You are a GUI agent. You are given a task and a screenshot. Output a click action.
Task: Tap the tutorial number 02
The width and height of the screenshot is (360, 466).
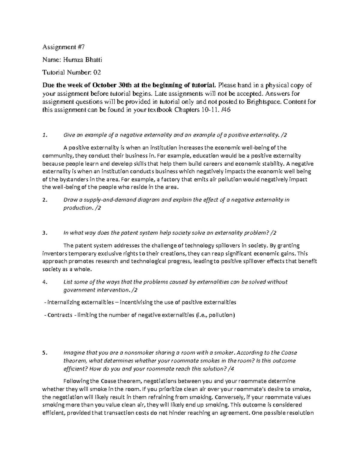click(x=97, y=72)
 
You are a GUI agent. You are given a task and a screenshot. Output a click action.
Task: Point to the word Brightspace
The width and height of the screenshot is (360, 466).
click(x=264, y=101)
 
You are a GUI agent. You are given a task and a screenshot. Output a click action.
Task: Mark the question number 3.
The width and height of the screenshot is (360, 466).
click(x=44, y=233)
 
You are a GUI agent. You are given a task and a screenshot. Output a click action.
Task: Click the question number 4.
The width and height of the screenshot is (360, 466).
click(x=44, y=282)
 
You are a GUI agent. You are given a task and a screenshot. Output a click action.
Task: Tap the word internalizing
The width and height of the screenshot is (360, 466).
click(x=63, y=302)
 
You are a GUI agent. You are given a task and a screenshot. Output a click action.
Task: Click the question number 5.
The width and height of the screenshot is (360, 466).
click(x=44, y=353)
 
